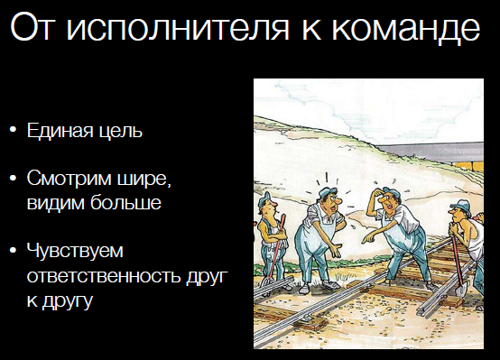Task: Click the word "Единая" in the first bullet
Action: click(60, 131)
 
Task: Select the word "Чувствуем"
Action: click(75, 250)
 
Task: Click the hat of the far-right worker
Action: click(460, 206)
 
